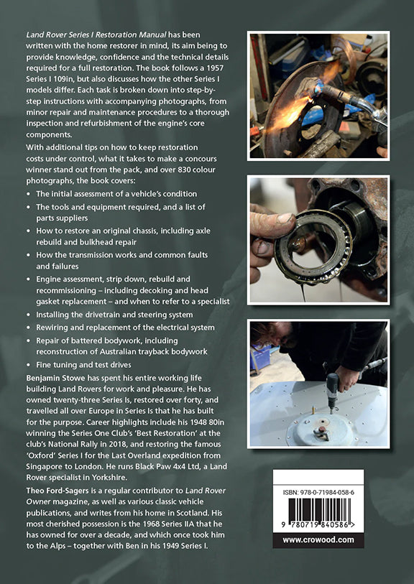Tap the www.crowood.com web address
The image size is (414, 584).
[x=318, y=539]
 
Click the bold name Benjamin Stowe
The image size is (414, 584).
[x=56, y=378]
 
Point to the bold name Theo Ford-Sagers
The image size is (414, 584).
[x=58, y=491]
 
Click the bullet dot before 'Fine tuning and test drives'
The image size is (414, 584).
[x=29, y=366]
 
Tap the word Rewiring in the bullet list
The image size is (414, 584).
[x=50, y=328]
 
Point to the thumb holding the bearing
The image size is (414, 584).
[x=271, y=223]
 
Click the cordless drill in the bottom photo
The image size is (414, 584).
[x=333, y=391]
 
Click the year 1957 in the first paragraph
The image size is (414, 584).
[x=216, y=68]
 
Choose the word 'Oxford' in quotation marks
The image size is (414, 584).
[x=40, y=455]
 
